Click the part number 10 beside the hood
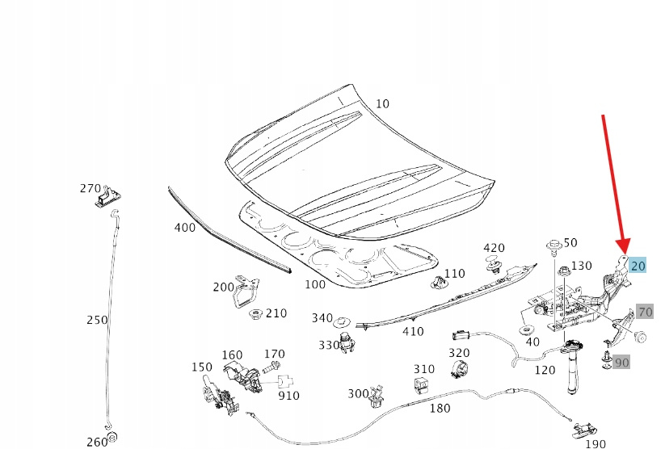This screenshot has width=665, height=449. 382,103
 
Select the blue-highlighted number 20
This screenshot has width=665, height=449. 638,266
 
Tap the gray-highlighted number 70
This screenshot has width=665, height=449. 645,312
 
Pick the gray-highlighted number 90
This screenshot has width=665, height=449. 621,363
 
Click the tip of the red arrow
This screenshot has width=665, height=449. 623,251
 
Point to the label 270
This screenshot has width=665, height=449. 90,188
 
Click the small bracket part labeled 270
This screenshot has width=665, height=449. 107,196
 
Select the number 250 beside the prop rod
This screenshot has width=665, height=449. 96,320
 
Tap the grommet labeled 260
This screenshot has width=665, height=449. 112,439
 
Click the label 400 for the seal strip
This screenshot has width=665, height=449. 184,228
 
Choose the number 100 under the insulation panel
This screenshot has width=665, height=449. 315,284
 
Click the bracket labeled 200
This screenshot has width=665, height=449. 245,292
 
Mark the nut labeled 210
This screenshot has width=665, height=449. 257,313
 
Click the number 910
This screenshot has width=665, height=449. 288,396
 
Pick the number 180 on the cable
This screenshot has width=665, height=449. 440,409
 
